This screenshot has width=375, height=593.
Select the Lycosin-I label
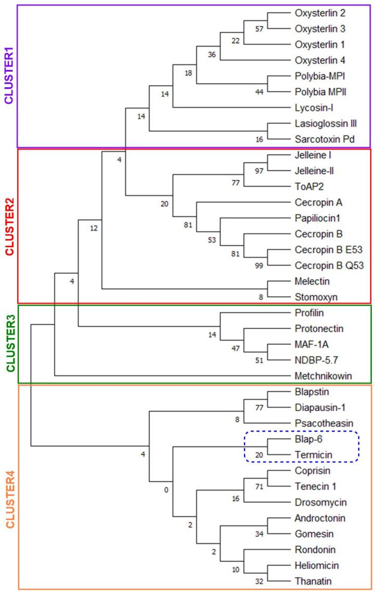point(312,107)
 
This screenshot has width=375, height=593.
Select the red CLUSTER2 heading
point(9,226)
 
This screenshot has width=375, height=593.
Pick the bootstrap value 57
point(258,28)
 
